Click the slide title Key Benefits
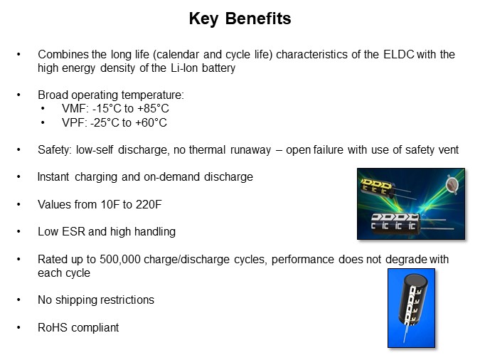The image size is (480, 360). (240, 19)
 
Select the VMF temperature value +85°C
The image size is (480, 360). (154, 109)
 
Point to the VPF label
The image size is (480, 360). (73, 122)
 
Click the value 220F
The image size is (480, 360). (148, 204)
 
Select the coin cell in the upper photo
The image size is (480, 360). (450, 185)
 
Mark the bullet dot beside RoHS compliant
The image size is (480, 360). (19, 327)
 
